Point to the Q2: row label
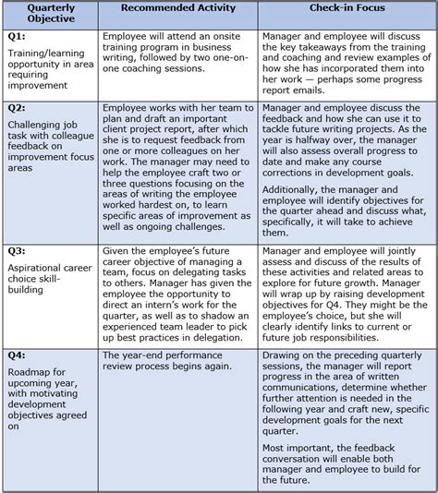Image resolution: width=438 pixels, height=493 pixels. pyautogui.click(x=18, y=108)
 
